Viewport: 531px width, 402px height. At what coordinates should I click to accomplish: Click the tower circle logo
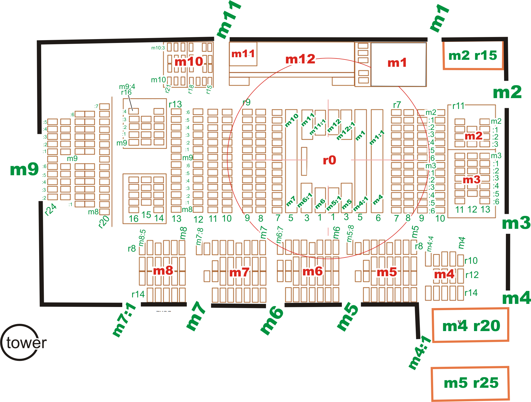20,342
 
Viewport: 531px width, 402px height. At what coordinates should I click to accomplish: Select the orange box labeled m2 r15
473,55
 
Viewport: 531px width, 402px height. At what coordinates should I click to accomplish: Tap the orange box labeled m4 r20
470,325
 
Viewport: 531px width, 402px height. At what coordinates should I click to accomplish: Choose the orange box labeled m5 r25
470,383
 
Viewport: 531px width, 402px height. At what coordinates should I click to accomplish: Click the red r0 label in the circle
329,160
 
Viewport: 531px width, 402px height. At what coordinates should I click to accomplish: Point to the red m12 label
300,59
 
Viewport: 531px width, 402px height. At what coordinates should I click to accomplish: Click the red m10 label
189,62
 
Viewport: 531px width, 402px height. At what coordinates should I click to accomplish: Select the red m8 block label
163,271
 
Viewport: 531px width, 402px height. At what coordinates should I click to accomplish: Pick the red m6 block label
313,272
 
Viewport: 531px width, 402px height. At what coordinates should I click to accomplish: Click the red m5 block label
387,272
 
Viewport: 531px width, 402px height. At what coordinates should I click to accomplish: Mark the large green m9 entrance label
24,170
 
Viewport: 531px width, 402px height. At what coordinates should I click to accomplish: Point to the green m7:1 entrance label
124,320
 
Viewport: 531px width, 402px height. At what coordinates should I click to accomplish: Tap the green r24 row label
51,209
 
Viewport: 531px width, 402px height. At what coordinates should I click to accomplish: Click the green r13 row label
175,104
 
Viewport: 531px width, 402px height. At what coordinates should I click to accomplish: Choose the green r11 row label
458,106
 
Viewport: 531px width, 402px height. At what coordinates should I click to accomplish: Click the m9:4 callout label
127,86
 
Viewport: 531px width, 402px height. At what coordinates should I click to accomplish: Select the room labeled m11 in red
243,54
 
